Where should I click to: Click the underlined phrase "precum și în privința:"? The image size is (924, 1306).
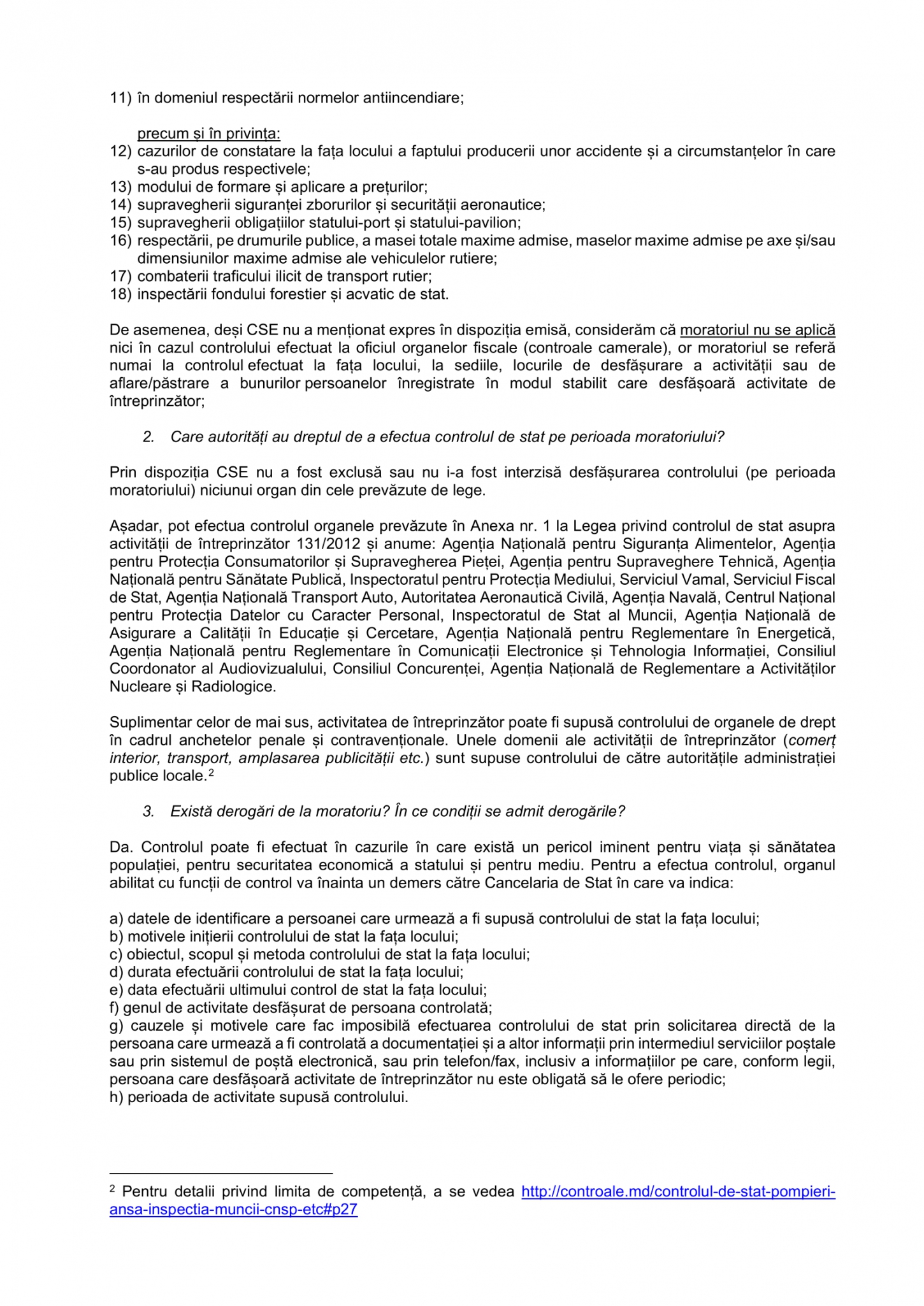208,134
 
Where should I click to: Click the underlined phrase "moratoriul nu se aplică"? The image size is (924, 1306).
758,330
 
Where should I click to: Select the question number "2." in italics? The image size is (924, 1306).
148,437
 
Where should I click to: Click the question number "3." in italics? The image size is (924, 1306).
148,812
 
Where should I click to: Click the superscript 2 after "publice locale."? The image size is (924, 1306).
212,773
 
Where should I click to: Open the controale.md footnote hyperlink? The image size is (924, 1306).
678,1191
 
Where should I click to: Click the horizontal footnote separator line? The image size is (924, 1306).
221,1172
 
